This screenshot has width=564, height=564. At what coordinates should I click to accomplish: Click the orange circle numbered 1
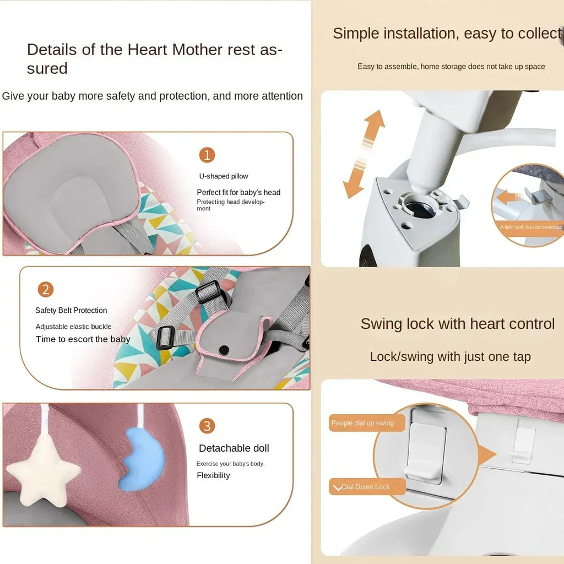click(x=207, y=155)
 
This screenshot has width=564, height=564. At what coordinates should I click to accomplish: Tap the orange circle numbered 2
click(x=46, y=290)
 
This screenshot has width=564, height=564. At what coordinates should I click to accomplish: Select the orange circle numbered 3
click(x=207, y=426)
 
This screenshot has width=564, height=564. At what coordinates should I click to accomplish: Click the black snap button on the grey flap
click(x=224, y=350)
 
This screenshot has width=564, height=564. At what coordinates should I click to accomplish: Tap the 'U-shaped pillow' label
click(x=224, y=176)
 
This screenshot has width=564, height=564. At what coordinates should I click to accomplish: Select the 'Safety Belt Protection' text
click(x=71, y=311)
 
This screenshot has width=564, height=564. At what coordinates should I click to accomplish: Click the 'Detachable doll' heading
click(x=234, y=448)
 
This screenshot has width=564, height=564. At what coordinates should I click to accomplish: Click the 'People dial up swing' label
click(x=363, y=423)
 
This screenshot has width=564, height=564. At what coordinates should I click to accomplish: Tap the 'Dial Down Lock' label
click(x=365, y=487)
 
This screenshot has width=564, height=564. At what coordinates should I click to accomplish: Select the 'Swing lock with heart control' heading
click(x=457, y=324)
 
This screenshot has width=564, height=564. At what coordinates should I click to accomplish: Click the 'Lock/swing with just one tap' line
click(x=450, y=357)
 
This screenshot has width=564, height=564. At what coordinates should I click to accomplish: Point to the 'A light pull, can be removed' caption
click(x=530, y=227)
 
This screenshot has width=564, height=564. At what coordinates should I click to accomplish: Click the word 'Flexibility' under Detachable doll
click(x=213, y=475)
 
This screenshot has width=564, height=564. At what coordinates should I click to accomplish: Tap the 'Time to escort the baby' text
click(x=83, y=339)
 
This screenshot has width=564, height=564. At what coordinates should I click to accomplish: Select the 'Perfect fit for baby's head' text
click(x=238, y=192)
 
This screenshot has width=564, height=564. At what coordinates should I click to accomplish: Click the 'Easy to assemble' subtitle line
click(x=451, y=67)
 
